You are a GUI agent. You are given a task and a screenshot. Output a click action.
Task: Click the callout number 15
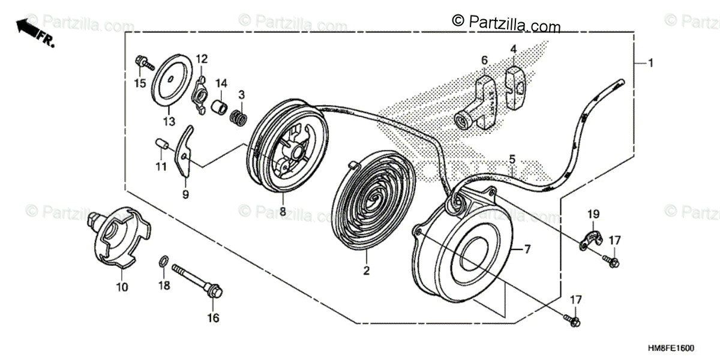coord(140,83)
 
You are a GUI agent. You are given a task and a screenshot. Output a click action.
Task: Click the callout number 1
coord(652,62)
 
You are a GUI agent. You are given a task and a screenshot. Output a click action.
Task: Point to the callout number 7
coord(528,248)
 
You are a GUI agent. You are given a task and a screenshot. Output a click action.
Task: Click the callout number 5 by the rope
coord(512,160)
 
